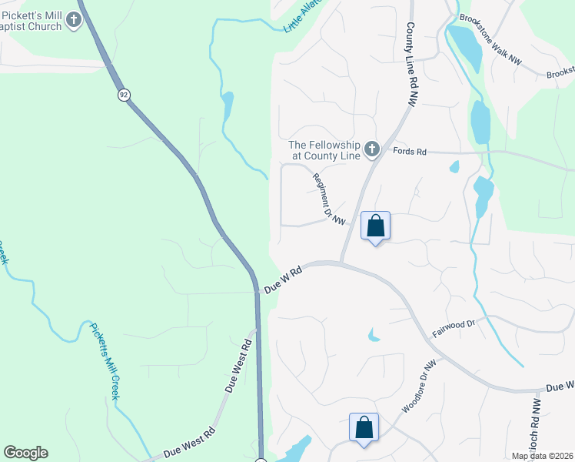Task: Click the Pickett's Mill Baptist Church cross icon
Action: click(74, 20)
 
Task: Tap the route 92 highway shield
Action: click(123, 95)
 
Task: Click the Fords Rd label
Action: click(409, 152)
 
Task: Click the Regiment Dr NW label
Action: click(329, 199)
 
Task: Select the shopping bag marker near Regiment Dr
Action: click(375, 226)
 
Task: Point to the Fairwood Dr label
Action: click(454, 330)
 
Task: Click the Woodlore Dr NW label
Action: click(418, 386)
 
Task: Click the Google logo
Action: click(25, 453)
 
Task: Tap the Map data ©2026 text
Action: click(543, 456)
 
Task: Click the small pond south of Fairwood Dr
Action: click(374, 335)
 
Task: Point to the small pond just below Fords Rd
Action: click(454, 166)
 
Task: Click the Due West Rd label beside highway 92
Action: click(239, 367)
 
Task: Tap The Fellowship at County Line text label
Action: click(324, 150)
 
